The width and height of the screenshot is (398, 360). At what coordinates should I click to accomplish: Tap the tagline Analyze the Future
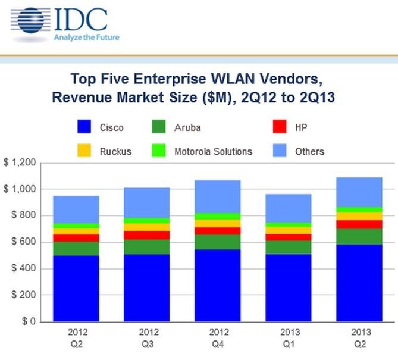click(x=87, y=37)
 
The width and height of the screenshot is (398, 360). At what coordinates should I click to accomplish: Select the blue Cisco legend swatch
click(x=84, y=127)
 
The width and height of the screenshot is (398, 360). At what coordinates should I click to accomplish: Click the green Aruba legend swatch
click(x=159, y=127)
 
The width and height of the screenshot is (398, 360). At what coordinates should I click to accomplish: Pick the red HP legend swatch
click(x=280, y=127)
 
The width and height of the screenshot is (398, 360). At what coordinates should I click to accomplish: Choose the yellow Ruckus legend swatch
click(x=84, y=151)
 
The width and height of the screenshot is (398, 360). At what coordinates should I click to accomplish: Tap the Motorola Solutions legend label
click(x=213, y=151)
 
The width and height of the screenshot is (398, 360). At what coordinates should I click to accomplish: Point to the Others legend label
click(x=309, y=151)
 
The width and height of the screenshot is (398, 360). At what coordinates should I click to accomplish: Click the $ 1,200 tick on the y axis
click(x=20, y=162)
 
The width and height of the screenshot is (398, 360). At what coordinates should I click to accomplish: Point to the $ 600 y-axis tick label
click(x=23, y=242)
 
